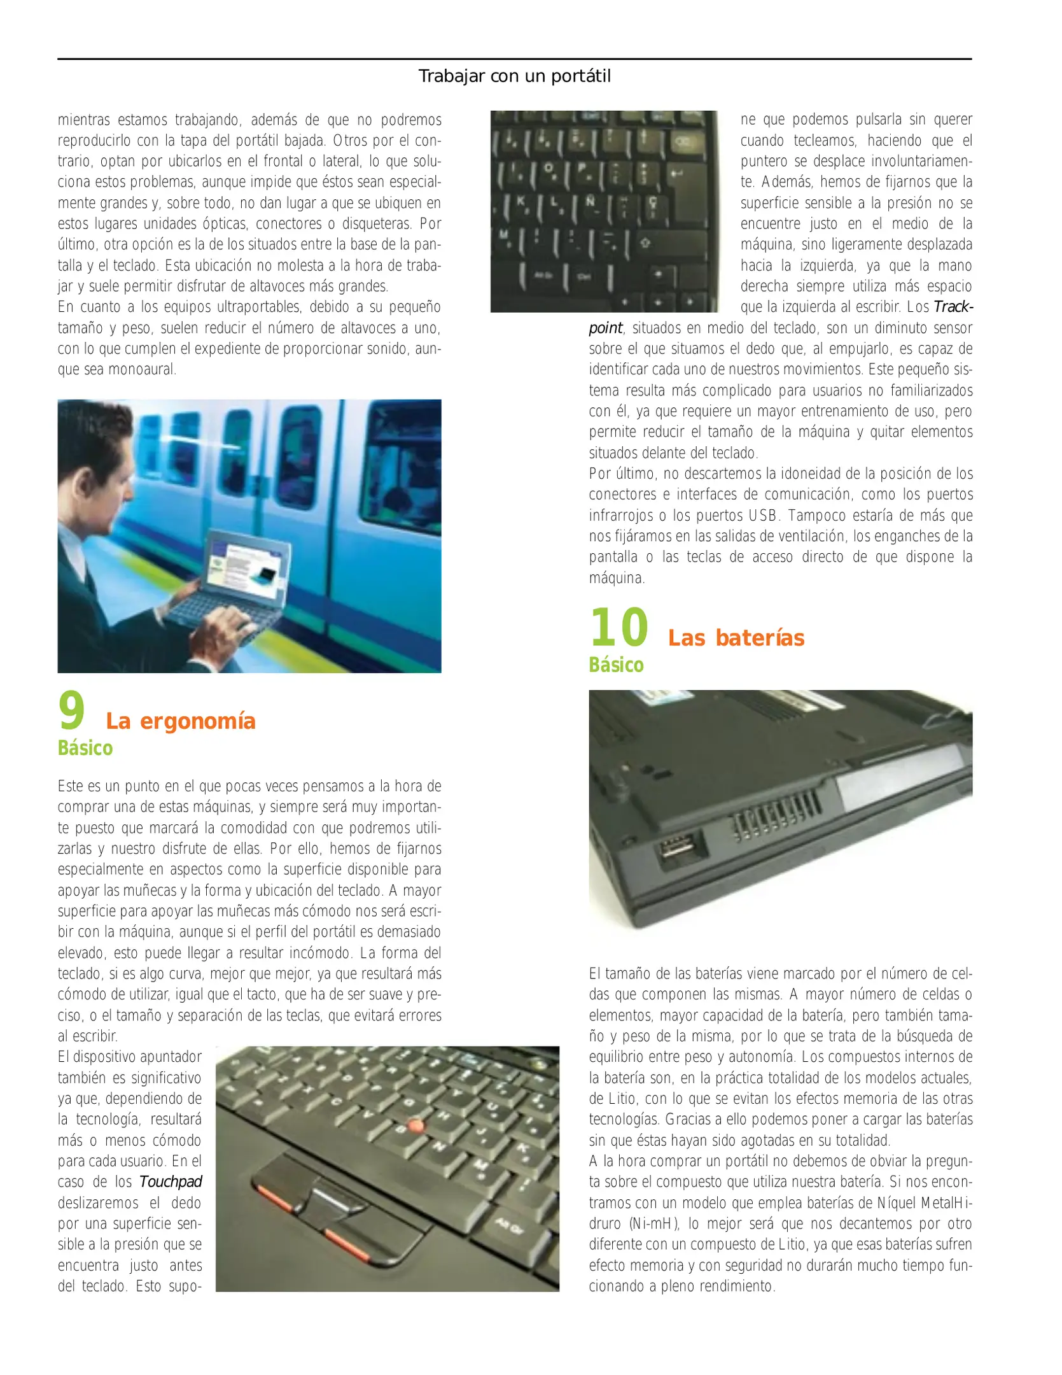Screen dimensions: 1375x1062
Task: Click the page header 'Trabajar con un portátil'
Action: pos(514,76)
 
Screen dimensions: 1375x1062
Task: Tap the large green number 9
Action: pos(72,711)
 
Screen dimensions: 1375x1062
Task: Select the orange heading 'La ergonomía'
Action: pos(181,721)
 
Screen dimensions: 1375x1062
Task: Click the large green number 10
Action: pos(618,627)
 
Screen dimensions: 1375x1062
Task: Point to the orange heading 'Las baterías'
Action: pos(736,638)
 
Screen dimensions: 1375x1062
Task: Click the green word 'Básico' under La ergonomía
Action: pos(85,748)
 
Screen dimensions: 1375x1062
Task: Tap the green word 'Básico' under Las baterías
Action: pos(616,665)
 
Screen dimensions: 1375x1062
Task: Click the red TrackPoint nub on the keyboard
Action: pos(416,1125)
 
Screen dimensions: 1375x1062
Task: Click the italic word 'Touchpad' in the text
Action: pos(171,1182)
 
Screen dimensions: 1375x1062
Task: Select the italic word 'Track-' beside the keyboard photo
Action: pos(952,307)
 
